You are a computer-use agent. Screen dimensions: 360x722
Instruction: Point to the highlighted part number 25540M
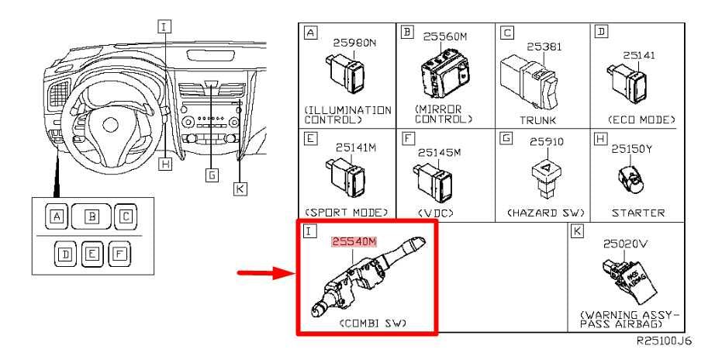[354, 241]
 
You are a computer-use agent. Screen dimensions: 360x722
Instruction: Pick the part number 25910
[544, 142]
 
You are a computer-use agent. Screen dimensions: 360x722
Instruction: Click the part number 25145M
[439, 152]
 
